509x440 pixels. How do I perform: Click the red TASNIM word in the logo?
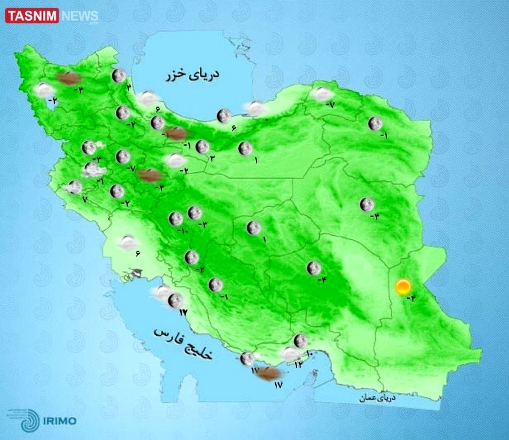pos(33,16)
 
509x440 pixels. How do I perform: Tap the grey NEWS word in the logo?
pos(80,16)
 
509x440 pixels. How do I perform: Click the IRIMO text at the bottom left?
pos(59,421)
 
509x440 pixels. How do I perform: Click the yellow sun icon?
pos(403,287)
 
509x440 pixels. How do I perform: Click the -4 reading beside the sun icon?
pos(411,298)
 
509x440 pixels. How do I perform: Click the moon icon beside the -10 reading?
pos(175,219)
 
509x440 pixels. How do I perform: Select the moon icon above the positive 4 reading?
pos(119,76)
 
